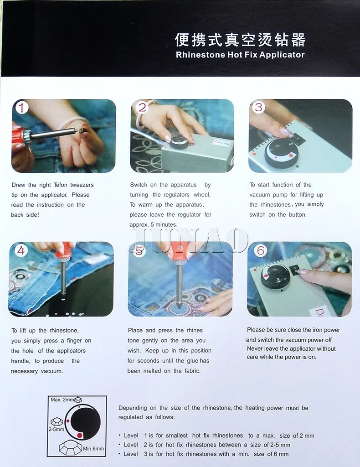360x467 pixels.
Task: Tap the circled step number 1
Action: coord(21,108)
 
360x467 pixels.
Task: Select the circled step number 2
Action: coord(142,107)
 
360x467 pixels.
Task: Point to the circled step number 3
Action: coord(258,107)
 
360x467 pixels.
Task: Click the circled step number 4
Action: coord(21,250)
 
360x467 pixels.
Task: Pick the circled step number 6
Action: coord(261,250)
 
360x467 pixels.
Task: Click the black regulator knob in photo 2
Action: coord(180,144)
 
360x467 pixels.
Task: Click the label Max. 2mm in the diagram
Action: coord(62,400)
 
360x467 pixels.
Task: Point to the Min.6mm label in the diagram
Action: coord(93,449)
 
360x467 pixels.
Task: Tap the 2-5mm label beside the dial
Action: coord(56,430)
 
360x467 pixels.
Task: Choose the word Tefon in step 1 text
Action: coord(61,185)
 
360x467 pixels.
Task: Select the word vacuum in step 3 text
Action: coord(260,195)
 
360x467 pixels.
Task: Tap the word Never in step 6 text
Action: coord(255,349)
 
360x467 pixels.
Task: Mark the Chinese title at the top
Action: coord(240,40)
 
